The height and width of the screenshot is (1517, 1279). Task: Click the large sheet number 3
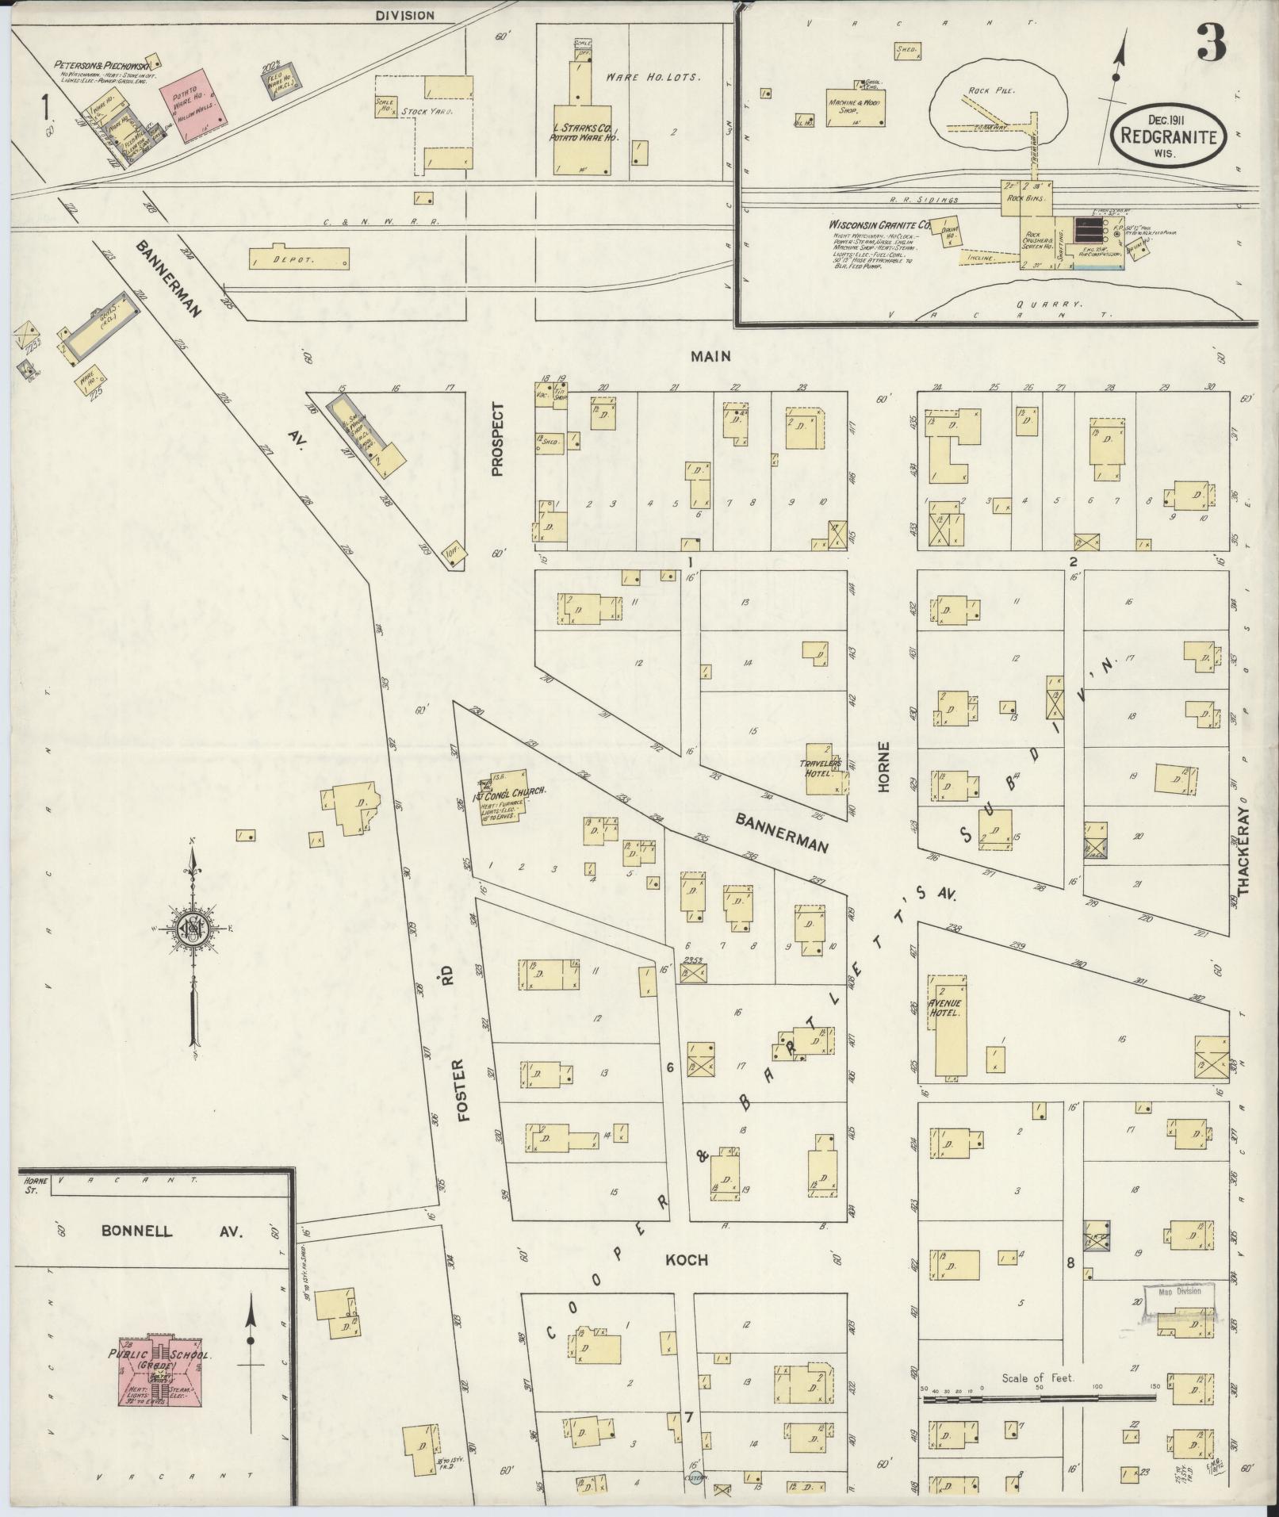pos(1212,41)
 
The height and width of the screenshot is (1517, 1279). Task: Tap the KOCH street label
pos(685,1260)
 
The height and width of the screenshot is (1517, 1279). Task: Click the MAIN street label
pos(710,357)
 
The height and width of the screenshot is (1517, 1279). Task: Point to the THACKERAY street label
pos(1243,845)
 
